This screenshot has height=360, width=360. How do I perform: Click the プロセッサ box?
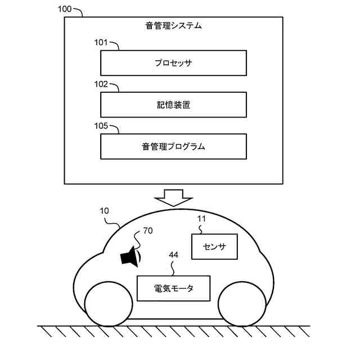point(173,62)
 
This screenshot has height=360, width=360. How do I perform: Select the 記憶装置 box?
point(173,105)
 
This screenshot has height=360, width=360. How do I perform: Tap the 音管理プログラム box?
point(173,147)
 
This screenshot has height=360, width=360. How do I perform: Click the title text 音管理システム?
point(173,25)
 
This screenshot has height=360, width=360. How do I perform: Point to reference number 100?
point(66,10)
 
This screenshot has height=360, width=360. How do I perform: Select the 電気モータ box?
point(173,288)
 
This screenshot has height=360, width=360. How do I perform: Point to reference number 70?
point(148,231)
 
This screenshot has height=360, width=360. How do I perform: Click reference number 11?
point(201,219)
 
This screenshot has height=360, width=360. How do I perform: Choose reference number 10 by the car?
point(105,212)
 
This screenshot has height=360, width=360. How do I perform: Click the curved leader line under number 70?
point(139,244)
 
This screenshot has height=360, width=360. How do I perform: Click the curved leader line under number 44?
point(173,267)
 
